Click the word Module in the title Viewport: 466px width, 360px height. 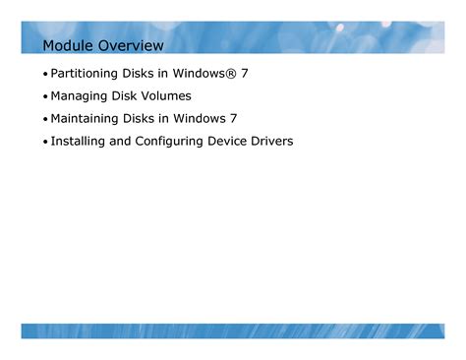[68, 45]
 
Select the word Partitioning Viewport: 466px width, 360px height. [84, 74]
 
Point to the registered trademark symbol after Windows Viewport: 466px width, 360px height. [230, 74]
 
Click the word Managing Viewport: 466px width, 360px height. [79, 96]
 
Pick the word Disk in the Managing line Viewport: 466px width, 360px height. [124, 95]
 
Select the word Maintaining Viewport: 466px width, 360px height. [85, 119]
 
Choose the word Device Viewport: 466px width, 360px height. [227, 141]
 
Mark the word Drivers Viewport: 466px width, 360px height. [272, 141]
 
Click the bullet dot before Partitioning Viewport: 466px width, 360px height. [45, 74]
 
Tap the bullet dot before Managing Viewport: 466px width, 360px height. [45, 96]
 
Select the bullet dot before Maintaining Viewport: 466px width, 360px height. [45, 119]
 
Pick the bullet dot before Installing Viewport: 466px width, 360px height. [45, 142]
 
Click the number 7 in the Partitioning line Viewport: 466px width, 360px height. [245, 74]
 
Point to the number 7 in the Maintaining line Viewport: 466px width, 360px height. [233, 119]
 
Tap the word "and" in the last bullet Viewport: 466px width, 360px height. [120, 141]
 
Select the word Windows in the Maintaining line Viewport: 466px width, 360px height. [200, 118]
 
